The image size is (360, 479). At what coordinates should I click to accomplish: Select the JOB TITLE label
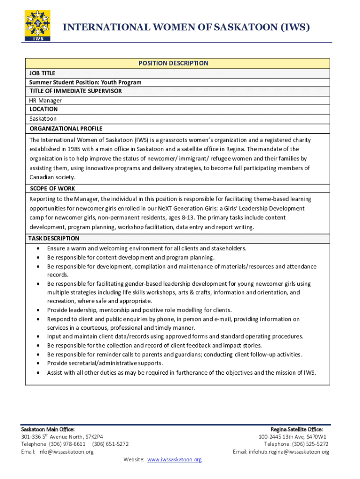click(x=42, y=73)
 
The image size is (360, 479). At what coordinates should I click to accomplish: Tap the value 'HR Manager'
click(x=45, y=101)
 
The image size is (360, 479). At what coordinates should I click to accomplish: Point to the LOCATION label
click(x=43, y=109)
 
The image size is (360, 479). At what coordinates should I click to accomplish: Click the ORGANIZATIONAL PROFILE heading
click(x=66, y=129)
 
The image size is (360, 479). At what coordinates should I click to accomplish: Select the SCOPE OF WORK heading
click(x=52, y=189)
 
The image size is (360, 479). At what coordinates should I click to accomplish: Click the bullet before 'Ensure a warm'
click(x=38, y=249)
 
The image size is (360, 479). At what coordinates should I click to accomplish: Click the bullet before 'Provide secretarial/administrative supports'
click(x=38, y=363)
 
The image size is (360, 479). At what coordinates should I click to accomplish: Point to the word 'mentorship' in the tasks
click(x=109, y=310)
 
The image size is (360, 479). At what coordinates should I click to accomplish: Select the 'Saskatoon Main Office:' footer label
click(x=48, y=429)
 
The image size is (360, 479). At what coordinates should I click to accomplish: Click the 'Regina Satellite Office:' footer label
click(x=296, y=429)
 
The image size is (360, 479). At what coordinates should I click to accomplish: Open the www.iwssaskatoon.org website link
click(x=174, y=460)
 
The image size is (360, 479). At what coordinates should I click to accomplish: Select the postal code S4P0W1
click(x=316, y=437)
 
